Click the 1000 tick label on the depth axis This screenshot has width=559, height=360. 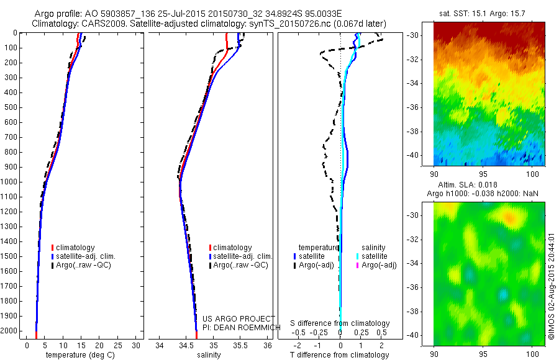(x=10, y=182)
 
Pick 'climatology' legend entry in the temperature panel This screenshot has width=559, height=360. (x=76, y=248)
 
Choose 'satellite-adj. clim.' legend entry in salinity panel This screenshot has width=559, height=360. (x=242, y=256)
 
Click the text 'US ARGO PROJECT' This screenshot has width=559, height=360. (x=230, y=319)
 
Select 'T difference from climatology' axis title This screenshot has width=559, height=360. (x=340, y=355)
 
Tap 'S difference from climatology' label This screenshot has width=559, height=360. (x=340, y=323)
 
